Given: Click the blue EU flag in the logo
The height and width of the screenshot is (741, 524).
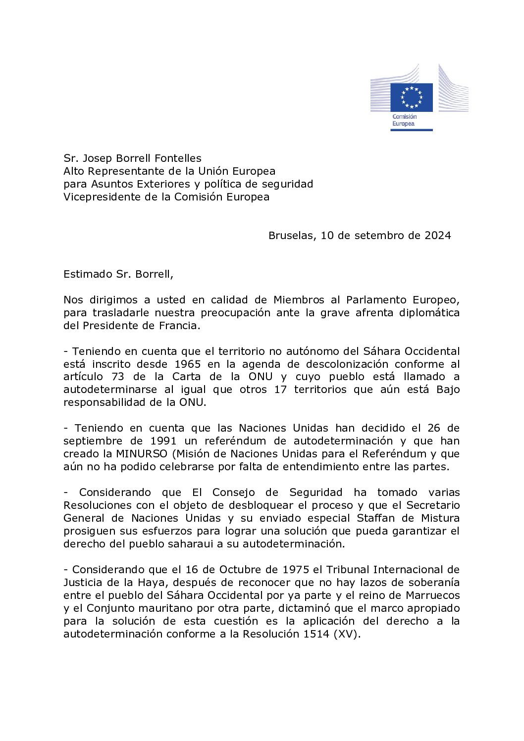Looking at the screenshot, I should click(411, 97).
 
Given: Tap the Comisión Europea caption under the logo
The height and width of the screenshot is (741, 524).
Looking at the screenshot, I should click(404, 120).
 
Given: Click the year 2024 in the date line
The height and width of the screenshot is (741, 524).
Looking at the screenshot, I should click(437, 236).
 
